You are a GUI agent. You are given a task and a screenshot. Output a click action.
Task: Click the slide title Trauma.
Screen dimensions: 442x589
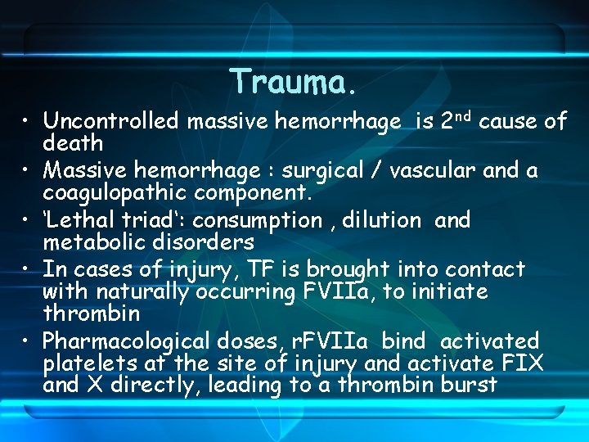294,82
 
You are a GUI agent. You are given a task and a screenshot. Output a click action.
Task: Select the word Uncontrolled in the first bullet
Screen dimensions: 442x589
110,122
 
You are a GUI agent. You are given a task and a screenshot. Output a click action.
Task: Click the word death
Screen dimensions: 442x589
73,144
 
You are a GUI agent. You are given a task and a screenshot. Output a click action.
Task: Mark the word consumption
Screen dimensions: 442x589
258,221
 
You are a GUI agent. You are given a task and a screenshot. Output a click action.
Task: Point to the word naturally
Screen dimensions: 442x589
141,292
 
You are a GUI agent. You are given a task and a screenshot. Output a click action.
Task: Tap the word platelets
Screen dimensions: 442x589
82,363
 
